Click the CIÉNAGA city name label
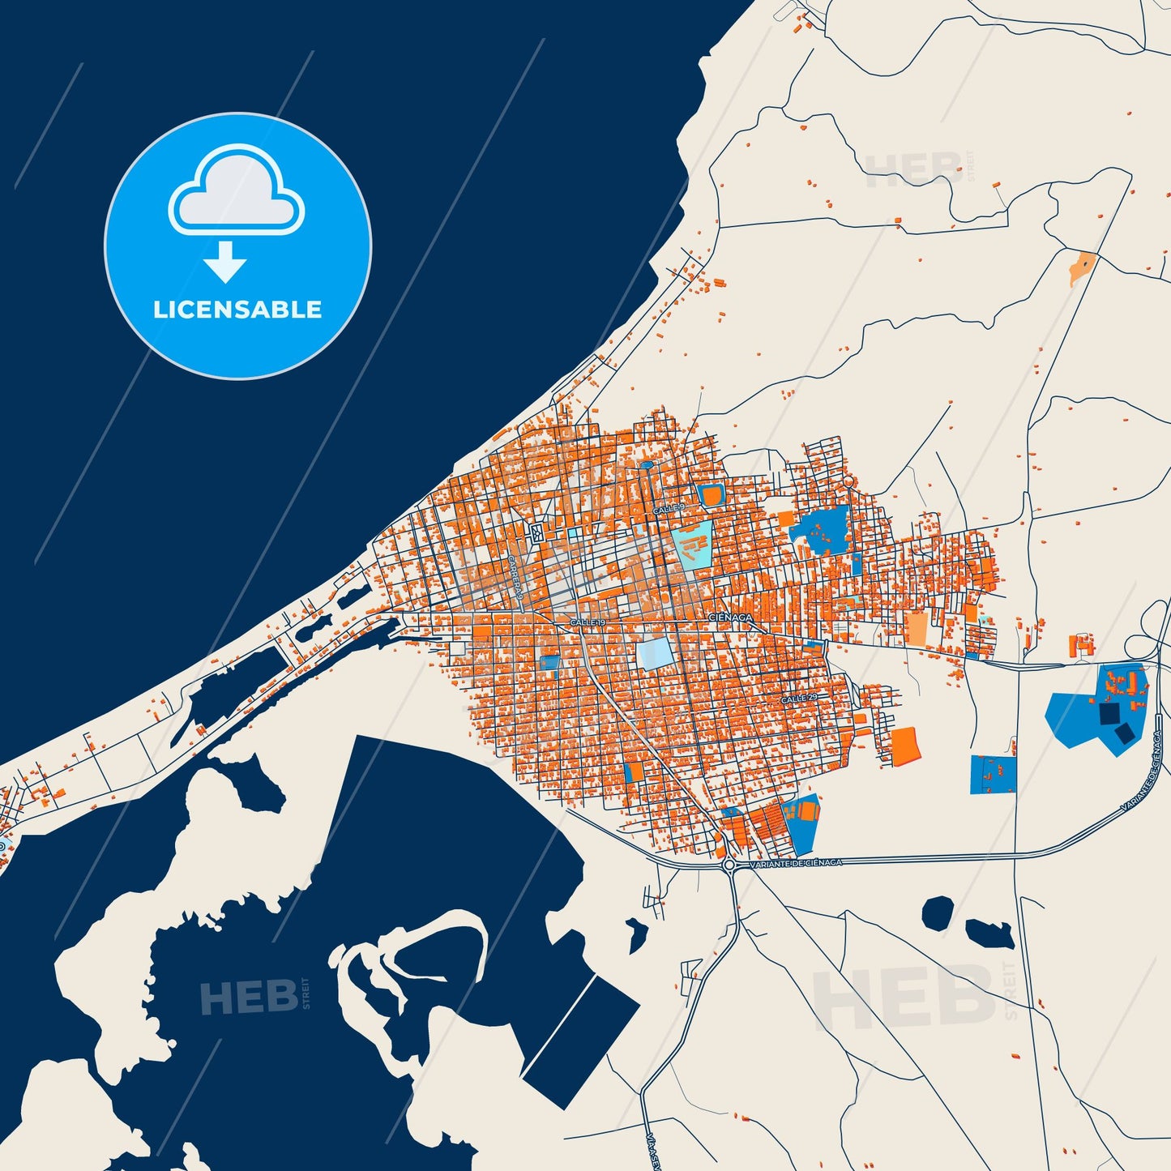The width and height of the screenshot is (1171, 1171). click(x=731, y=618)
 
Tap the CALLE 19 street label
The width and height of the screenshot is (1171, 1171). click(x=588, y=622)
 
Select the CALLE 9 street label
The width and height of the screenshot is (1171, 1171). click(x=669, y=508)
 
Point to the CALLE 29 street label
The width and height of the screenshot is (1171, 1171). click(x=799, y=699)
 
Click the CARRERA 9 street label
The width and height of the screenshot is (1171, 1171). click(x=515, y=578)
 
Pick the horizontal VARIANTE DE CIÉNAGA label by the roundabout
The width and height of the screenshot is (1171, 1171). click(x=797, y=864)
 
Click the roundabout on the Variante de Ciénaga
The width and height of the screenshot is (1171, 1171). click(x=729, y=865)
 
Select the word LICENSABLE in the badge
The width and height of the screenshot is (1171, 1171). click(x=237, y=310)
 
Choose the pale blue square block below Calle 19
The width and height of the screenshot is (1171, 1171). click(x=654, y=653)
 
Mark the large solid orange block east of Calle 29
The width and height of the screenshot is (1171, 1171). click(x=905, y=745)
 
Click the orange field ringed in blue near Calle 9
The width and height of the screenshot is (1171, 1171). click(x=711, y=495)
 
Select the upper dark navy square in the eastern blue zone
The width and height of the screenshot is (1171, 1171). click(x=1108, y=713)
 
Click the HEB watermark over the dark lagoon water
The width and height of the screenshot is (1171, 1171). click(x=250, y=997)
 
